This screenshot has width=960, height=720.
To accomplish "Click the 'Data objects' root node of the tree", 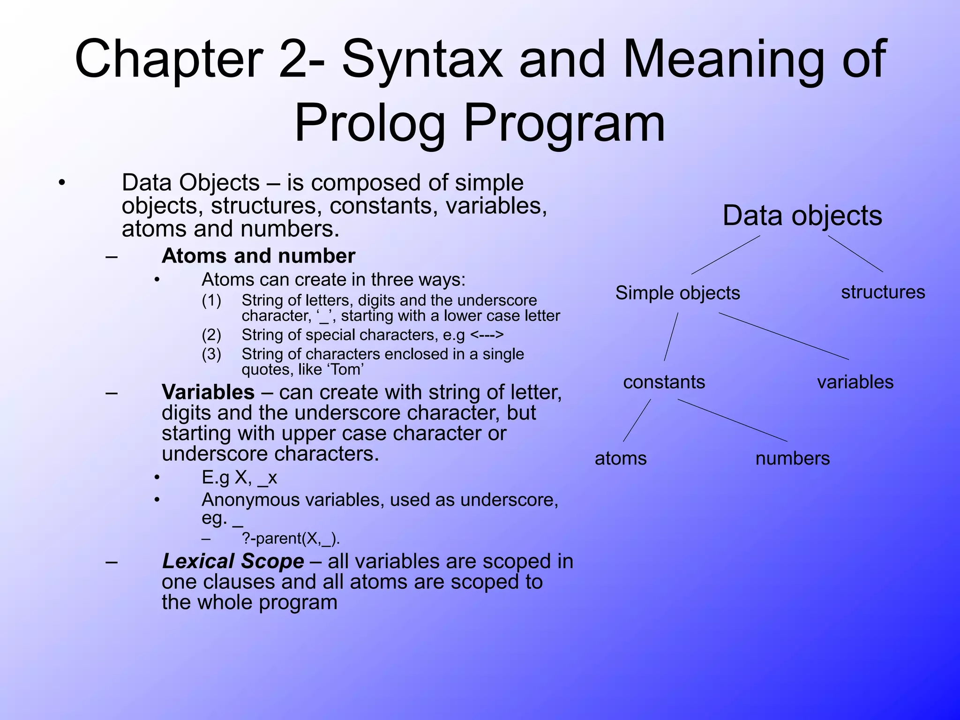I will click(802, 216).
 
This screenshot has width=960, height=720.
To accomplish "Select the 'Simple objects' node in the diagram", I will click(677, 293).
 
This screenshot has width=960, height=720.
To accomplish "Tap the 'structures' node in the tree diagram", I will click(883, 292).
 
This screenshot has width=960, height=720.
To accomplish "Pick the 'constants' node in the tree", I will click(664, 382).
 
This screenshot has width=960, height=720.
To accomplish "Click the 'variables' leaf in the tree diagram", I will click(855, 382).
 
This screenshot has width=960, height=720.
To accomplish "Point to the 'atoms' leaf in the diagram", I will click(620, 458).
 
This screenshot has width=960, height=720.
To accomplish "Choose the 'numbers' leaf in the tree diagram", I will click(792, 458).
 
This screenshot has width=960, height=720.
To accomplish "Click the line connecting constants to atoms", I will click(637, 420).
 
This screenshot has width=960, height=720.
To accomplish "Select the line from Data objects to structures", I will click(855, 254).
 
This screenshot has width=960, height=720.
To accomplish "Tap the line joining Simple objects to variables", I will click(784, 336).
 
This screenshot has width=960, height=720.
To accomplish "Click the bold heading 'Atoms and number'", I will click(258, 256).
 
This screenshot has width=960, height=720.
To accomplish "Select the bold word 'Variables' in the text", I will click(208, 392).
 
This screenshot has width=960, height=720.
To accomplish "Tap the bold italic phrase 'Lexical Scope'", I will click(233, 561).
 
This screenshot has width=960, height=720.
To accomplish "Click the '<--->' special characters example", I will click(487, 335).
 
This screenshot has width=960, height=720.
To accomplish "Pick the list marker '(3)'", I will click(211, 354).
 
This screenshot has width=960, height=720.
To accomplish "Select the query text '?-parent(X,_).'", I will click(291, 539).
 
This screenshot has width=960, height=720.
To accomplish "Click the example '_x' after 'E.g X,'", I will click(267, 478).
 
